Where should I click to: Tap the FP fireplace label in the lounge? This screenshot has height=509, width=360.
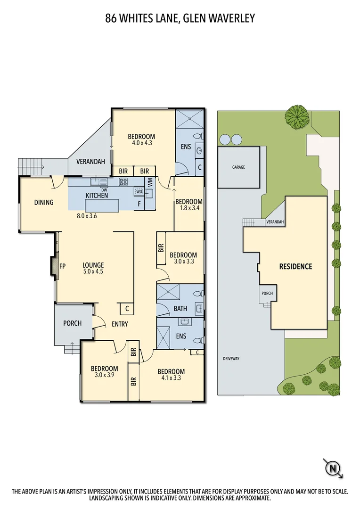62,266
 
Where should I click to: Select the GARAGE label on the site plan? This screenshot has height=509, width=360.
238,167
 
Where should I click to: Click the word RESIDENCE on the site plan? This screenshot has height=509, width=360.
295,267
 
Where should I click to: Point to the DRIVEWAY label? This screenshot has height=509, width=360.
231,359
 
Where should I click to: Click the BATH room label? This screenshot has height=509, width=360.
180,309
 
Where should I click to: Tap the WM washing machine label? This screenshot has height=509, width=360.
150,182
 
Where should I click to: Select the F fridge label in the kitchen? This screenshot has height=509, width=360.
139,204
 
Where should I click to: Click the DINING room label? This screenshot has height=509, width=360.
43,203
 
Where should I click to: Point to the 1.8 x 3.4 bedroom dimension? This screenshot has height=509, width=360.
188,209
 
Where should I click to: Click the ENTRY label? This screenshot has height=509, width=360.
120,324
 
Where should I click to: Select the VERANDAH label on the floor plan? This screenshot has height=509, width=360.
90,162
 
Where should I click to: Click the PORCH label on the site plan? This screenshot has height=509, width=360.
267,293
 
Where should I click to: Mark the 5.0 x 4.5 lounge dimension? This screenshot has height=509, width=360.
93,271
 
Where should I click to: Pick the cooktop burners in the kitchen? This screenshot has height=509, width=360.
124,182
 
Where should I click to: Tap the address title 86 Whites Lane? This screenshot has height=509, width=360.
180,18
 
